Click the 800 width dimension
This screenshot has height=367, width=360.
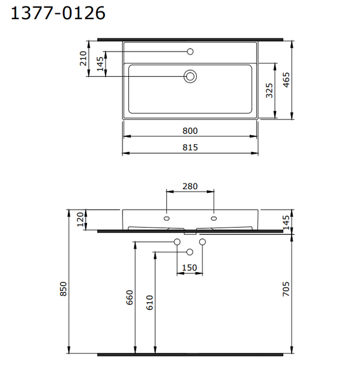pos(190,130)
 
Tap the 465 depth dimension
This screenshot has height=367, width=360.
pos(287,80)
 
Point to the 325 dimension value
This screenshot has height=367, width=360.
pos(269,90)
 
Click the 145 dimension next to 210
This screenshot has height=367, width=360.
pos(100,63)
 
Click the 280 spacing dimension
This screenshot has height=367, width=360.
pos(190,186)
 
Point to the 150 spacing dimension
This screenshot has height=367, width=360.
pos(190,268)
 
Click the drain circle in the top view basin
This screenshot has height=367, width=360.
pos(190,76)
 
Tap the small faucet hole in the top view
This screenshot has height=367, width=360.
pos(190,51)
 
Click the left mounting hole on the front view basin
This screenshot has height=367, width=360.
pos(167,218)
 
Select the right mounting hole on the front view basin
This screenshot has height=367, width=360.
pos(213,218)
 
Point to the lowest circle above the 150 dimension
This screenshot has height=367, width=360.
pos(190,252)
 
